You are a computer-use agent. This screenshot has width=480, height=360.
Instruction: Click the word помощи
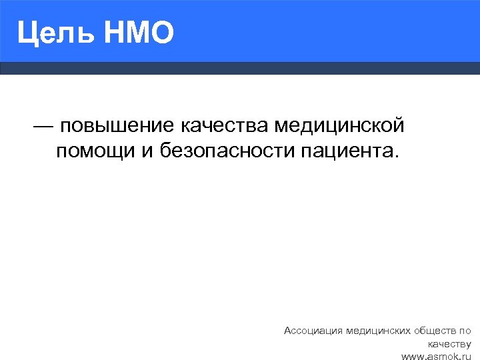95,152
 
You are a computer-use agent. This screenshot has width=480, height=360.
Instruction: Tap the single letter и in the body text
147,152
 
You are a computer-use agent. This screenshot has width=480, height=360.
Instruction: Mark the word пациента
346,152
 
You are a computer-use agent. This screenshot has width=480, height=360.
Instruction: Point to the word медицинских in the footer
377,330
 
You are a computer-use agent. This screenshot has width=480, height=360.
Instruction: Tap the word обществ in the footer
436,330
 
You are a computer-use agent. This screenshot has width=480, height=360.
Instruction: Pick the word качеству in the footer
450,344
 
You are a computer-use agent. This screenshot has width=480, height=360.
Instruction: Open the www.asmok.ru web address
436,357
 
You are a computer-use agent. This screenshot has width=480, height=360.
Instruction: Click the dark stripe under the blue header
240,68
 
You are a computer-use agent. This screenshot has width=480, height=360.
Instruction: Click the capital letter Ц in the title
27,33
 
